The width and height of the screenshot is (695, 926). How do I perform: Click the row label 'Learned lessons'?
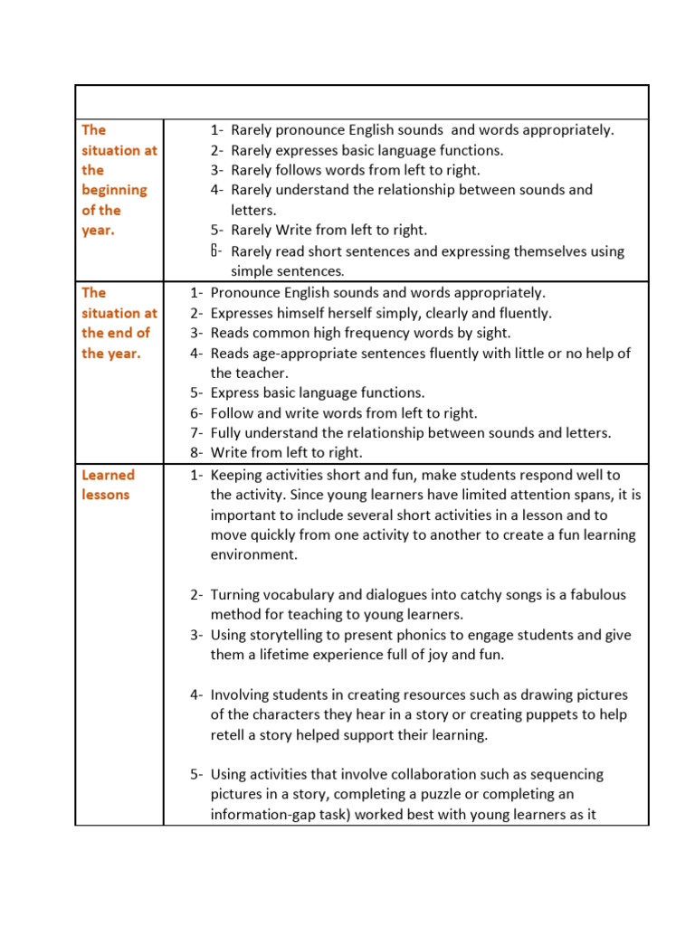(107, 485)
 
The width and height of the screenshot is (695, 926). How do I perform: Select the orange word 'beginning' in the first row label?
(114, 190)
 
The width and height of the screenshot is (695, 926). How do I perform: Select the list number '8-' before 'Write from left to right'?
(197, 452)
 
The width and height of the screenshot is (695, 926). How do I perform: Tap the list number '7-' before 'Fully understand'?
(197, 432)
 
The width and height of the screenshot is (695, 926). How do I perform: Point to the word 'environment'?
(253, 554)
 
